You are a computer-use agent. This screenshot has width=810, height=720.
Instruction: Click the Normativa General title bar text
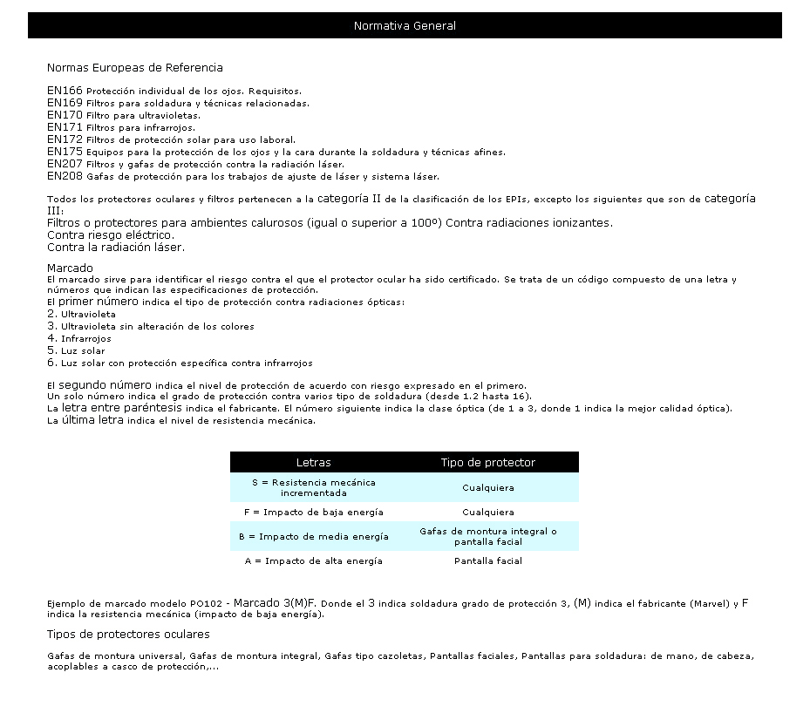(x=405, y=26)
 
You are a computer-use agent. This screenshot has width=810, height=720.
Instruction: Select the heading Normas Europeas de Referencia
(x=135, y=67)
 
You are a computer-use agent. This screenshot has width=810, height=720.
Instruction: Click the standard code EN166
(x=65, y=91)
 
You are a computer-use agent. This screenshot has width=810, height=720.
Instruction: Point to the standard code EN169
(x=65, y=103)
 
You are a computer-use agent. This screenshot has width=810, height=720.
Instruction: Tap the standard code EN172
(x=65, y=139)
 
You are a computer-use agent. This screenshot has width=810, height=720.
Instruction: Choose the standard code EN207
(x=65, y=164)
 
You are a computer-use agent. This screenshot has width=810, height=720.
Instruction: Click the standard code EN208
(x=65, y=176)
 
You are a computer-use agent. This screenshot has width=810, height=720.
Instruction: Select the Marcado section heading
(x=70, y=268)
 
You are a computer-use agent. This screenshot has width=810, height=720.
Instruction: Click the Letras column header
(x=313, y=463)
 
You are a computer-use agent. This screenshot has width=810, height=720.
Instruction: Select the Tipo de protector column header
(x=487, y=463)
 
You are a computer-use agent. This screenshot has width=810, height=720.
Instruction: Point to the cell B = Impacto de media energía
(x=313, y=537)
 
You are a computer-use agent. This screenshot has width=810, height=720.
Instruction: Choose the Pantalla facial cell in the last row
(x=487, y=561)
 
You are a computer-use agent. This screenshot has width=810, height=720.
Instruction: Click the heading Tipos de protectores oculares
(x=128, y=635)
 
